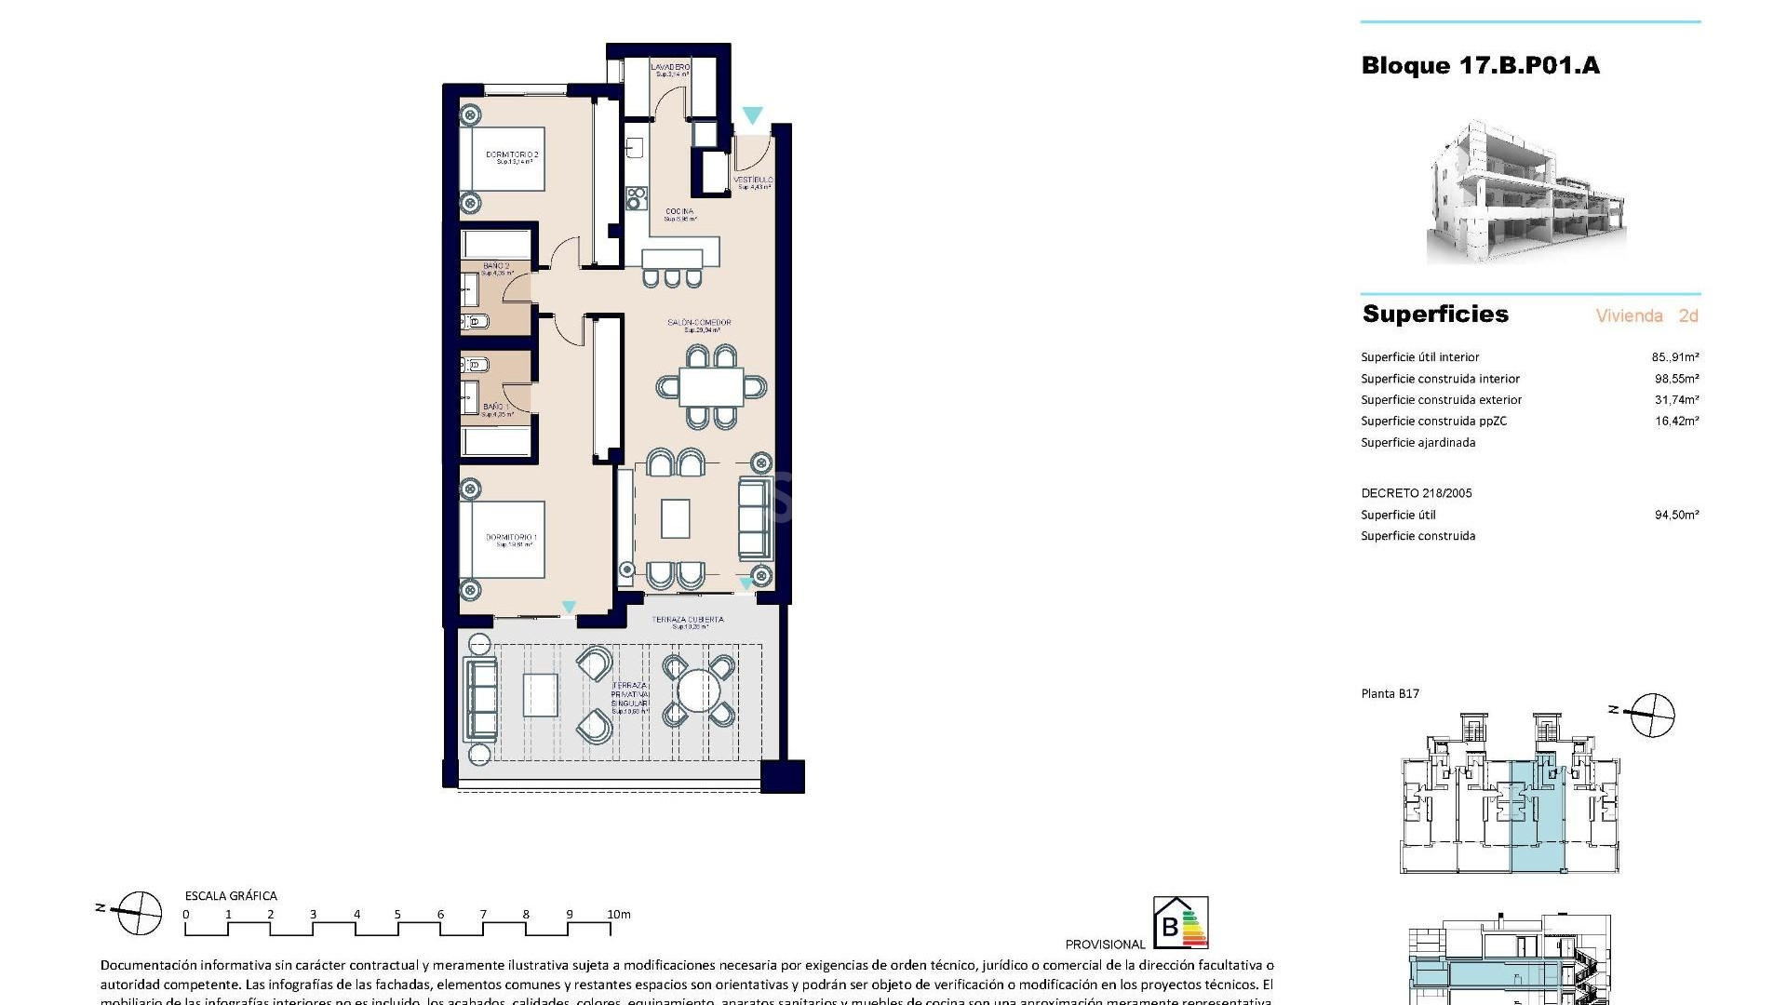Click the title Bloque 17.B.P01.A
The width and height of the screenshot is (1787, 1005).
pyautogui.click(x=1480, y=66)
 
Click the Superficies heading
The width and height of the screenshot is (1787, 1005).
pyautogui.click(x=1435, y=315)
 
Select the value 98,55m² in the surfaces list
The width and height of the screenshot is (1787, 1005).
pyautogui.click(x=1676, y=379)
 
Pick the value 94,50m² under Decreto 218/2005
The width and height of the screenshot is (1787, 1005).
pyautogui.click(x=1676, y=515)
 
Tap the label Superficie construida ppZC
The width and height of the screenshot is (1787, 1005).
pyautogui.click(x=1433, y=421)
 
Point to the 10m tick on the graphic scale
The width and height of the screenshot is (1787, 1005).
pyautogui.click(x=619, y=915)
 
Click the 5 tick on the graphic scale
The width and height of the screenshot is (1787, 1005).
pyautogui.click(x=397, y=915)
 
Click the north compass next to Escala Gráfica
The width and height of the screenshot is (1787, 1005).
pyautogui.click(x=138, y=912)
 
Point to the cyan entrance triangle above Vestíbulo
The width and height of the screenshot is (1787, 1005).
pyautogui.click(x=752, y=115)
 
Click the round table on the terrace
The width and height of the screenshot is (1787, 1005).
pyautogui.click(x=698, y=690)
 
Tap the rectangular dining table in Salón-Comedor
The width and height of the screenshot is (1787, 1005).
pyautogui.click(x=711, y=386)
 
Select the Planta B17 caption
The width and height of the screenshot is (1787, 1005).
pyautogui.click(x=1390, y=693)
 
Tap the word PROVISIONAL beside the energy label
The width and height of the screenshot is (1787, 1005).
pyautogui.click(x=1105, y=945)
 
